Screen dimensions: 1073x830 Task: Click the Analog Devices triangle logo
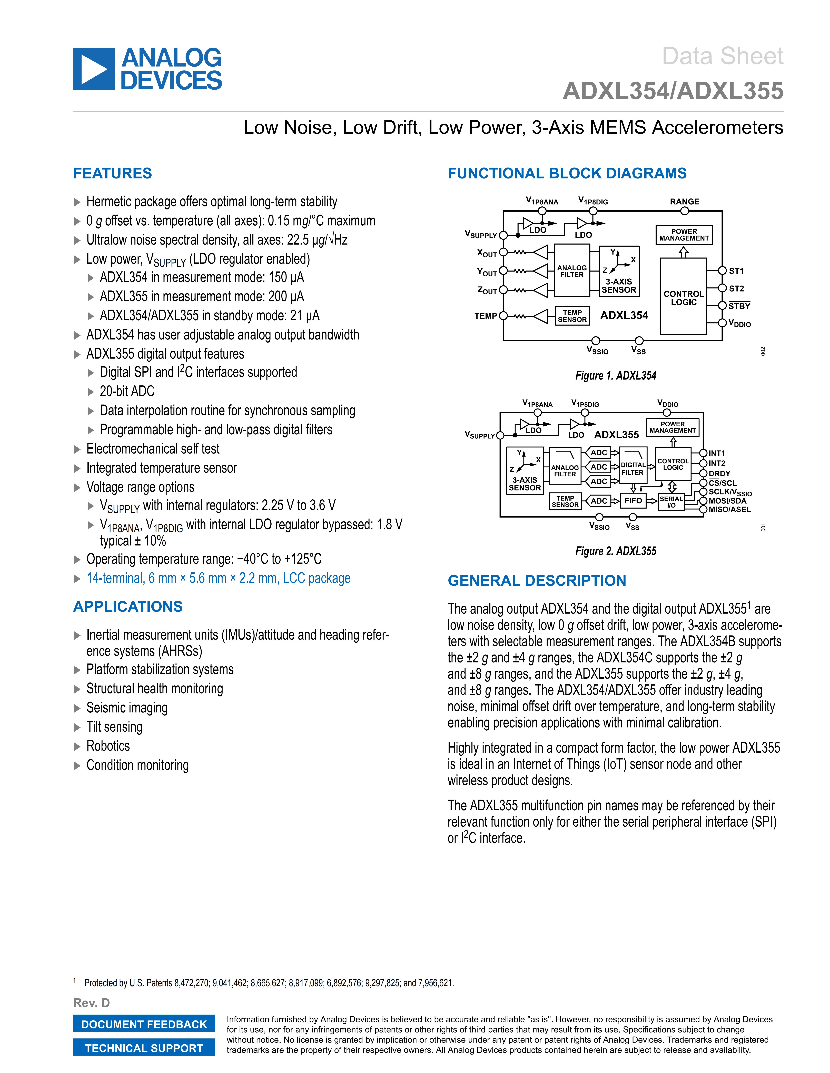[x=93, y=69]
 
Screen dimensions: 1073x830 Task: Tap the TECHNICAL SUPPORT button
[x=144, y=1048]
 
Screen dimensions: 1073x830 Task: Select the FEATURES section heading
[x=113, y=173]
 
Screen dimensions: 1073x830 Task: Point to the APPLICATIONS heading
[x=128, y=607]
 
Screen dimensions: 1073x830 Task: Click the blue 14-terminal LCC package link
[x=218, y=578]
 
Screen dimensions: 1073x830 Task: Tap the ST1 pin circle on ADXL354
[x=722, y=271]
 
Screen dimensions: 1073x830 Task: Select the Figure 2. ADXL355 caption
[x=616, y=551]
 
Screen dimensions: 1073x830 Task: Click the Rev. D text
[x=91, y=1003]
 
